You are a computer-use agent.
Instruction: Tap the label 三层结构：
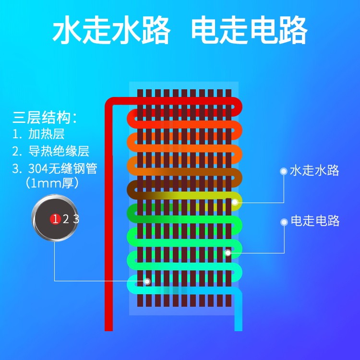coord(45,118)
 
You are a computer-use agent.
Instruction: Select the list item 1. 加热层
coord(38,134)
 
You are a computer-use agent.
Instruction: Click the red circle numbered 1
coord(55,219)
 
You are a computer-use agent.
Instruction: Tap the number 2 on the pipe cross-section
coord(66,219)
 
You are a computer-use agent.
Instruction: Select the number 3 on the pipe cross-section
coord(76,219)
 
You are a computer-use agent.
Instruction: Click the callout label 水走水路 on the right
coord(314,170)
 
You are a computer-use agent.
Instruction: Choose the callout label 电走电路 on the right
coord(315,221)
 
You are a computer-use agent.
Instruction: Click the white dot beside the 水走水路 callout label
coord(284,171)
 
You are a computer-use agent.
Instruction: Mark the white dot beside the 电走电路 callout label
coord(284,221)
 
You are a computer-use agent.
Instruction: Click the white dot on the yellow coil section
coord(235,202)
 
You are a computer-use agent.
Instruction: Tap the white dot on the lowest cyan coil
coord(147,281)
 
